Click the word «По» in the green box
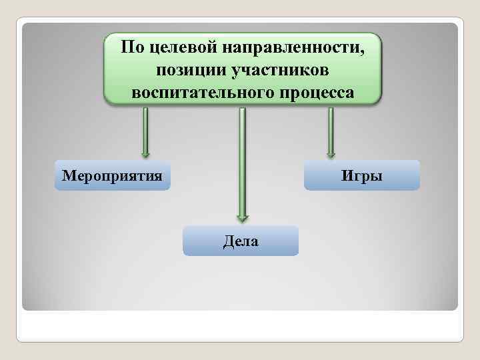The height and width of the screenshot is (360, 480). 131,48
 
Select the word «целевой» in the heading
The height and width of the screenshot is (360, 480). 175,49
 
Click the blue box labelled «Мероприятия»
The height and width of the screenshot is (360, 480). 112,175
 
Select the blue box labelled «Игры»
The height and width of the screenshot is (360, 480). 362,175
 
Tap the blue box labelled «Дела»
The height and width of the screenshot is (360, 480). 241,241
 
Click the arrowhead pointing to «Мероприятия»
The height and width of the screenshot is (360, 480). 145,153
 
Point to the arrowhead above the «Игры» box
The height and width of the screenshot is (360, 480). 330,153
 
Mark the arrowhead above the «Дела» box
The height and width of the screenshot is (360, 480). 242,216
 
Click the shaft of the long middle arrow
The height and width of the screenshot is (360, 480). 242,160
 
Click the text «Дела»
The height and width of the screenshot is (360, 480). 241,241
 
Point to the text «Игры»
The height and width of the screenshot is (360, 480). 362,176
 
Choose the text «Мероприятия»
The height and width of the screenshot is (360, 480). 112,176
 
